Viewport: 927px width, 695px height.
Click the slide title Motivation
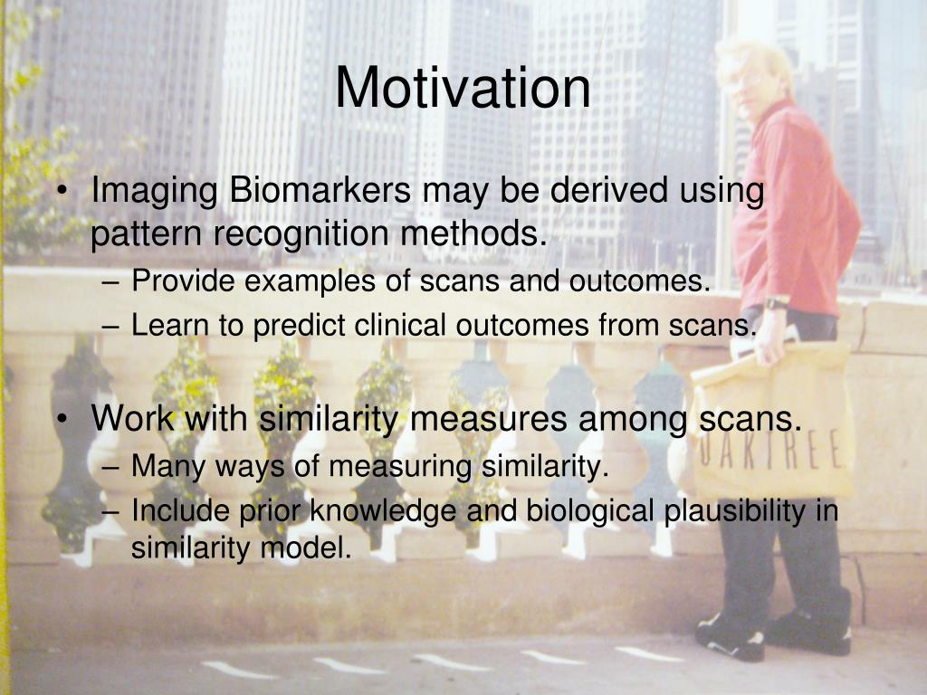pyautogui.click(x=463, y=88)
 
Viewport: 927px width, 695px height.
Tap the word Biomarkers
pyautogui.click(x=320, y=190)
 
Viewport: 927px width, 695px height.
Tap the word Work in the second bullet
pyautogui.click(x=133, y=418)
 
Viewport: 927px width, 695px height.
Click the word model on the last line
pyautogui.click(x=306, y=547)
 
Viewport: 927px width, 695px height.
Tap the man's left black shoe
pyautogui.click(x=731, y=636)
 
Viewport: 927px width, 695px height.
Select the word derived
pyautogui.click(x=607, y=190)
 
